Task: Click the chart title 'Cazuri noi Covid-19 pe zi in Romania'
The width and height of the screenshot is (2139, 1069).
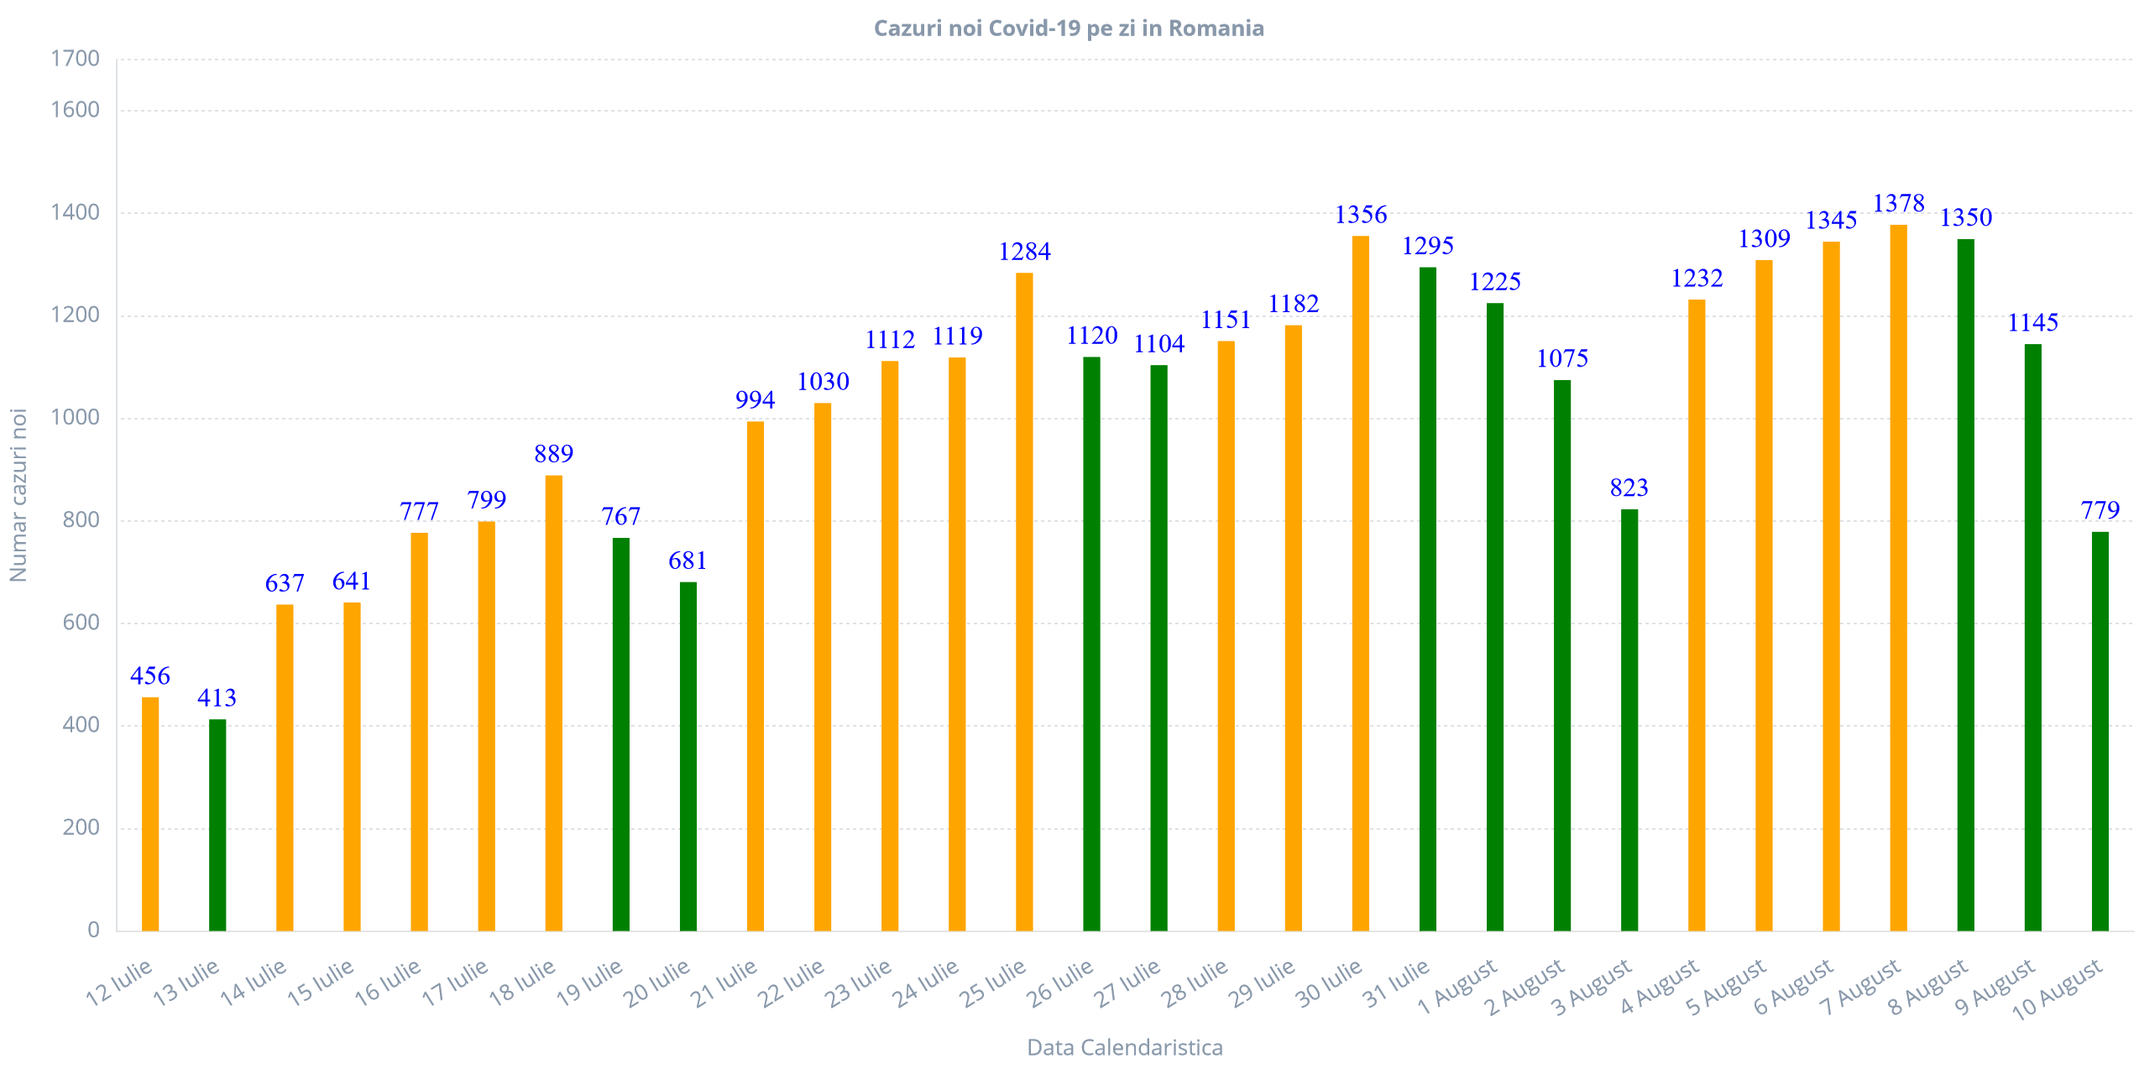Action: click(x=1068, y=29)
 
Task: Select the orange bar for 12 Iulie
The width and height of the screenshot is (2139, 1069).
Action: click(x=150, y=814)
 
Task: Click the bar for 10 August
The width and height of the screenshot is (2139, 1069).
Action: click(x=2100, y=731)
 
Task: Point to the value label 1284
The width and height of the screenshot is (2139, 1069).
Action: click(x=1024, y=252)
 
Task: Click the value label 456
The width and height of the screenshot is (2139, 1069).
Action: click(x=150, y=675)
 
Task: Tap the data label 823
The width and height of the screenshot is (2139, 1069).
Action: click(x=1629, y=488)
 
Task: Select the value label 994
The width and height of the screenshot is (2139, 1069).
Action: click(x=756, y=400)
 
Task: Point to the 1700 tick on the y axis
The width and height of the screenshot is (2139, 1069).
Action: click(x=76, y=59)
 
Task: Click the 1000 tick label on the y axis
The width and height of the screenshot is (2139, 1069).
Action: click(x=76, y=417)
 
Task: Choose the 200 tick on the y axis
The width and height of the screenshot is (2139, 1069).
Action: click(x=81, y=827)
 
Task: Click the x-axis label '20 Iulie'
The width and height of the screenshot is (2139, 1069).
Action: click(x=657, y=983)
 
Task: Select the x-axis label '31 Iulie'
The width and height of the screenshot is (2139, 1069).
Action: click(x=1396, y=983)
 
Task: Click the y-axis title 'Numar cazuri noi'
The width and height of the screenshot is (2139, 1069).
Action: click(x=18, y=495)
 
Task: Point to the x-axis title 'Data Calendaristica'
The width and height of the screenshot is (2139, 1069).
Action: click(x=1124, y=1047)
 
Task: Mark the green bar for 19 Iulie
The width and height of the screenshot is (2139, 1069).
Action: click(x=620, y=734)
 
